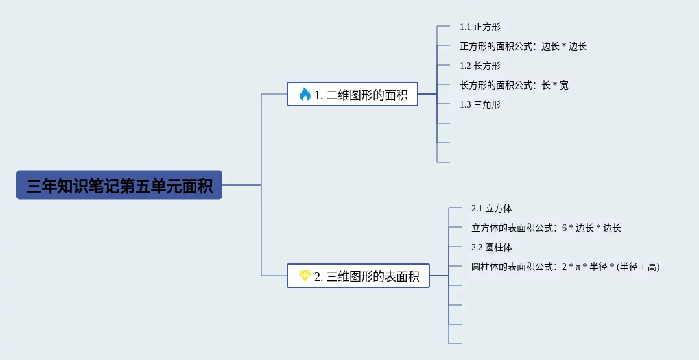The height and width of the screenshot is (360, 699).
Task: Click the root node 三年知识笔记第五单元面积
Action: [119, 186]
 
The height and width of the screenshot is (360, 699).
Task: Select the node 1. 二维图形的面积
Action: [352, 95]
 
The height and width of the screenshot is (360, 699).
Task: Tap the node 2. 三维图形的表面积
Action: [358, 276]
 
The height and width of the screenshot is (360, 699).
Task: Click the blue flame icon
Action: [305, 95]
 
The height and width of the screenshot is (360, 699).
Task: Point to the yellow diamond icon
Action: [305, 276]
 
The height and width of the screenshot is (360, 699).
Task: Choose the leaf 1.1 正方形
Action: [480, 27]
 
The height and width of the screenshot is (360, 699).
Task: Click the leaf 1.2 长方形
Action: [480, 66]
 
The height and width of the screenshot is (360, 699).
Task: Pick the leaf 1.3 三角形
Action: [480, 104]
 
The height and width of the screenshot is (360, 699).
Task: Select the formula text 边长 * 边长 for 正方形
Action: [564, 47]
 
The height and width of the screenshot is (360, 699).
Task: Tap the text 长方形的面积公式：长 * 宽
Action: [514, 85]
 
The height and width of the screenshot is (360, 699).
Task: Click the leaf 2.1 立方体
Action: [492, 209]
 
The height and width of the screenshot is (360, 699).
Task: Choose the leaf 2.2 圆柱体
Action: [492, 247]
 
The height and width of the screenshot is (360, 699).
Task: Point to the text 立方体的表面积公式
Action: [513, 228]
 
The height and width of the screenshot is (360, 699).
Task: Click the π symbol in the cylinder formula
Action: [576, 267]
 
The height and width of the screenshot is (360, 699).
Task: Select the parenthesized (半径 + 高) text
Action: [638, 267]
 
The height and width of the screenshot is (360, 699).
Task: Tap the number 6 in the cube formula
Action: [564, 228]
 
